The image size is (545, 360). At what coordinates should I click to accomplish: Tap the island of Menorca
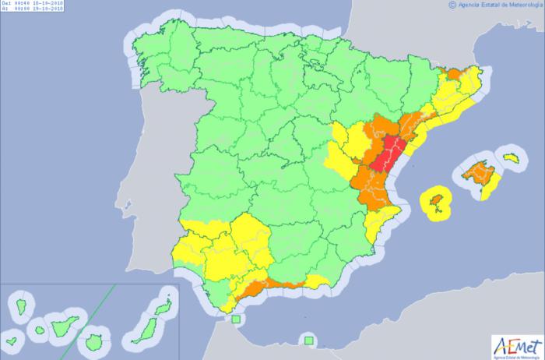click(511, 158)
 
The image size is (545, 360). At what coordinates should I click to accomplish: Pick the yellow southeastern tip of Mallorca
click(490, 185)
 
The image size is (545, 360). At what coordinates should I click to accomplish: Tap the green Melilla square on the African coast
click(309, 340)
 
